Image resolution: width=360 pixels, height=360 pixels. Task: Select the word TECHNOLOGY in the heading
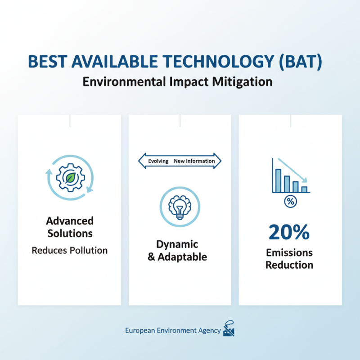coord(216,62)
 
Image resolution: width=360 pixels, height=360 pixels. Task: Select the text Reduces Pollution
coord(70,250)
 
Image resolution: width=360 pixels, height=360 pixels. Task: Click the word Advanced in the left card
coord(70,221)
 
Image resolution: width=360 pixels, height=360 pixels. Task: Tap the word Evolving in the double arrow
coord(158,161)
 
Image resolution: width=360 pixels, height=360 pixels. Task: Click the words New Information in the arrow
coord(194,161)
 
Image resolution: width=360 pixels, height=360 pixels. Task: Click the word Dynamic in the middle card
coord(177,244)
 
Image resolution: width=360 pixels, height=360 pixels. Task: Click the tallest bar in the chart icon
coord(278,180)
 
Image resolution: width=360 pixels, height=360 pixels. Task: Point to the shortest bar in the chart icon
coord(304,189)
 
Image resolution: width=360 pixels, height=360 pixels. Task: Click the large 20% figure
coord(289,232)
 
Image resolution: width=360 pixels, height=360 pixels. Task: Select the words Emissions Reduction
coord(289,259)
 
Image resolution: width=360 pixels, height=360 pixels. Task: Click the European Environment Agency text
coord(173,331)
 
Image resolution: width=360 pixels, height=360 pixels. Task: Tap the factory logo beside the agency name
coord(229,330)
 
